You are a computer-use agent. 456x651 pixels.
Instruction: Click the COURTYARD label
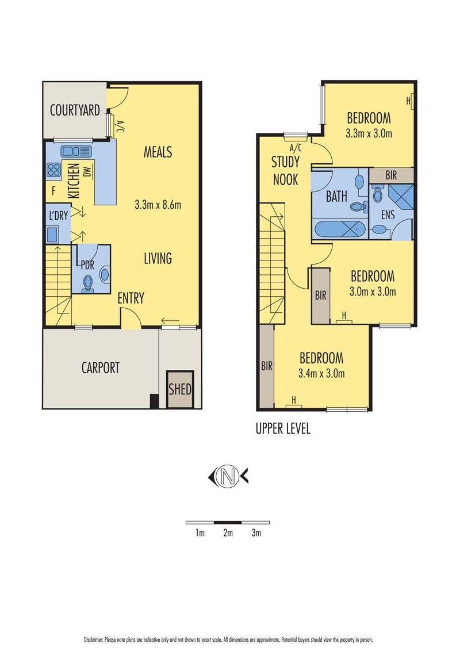(75, 110)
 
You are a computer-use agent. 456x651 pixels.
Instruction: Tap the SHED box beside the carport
(180, 389)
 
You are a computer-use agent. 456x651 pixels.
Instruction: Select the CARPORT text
(101, 367)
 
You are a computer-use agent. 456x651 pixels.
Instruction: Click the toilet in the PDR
(88, 283)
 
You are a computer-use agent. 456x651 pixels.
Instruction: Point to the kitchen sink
(76, 151)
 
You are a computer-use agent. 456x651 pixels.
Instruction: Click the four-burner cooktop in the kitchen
(54, 170)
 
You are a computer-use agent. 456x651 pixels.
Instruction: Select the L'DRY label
(58, 215)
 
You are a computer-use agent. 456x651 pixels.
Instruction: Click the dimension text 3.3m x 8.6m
(158, 204)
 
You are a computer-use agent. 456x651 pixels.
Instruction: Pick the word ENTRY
(131, 298)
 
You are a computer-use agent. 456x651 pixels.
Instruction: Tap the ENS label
(388, 215)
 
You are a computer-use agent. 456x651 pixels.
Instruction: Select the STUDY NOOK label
(285, 171)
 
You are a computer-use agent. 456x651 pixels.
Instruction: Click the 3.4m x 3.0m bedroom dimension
(321, 373)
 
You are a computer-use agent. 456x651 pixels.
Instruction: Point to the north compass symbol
(228, 477)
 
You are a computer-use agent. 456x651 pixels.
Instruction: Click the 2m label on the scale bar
(228, 533)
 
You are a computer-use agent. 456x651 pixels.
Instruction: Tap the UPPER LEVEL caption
(283, 428)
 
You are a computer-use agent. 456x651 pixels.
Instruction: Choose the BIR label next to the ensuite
(391, 175)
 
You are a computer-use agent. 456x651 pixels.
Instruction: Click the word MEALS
(158, 152)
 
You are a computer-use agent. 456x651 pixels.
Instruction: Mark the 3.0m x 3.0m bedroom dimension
(373, 292)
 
